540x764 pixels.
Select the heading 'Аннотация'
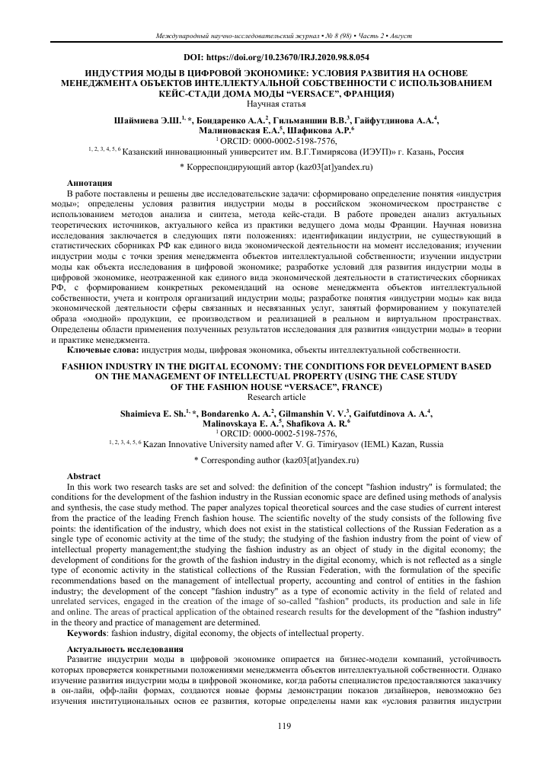[90, 184]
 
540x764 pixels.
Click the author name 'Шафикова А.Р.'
[314, 131]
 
